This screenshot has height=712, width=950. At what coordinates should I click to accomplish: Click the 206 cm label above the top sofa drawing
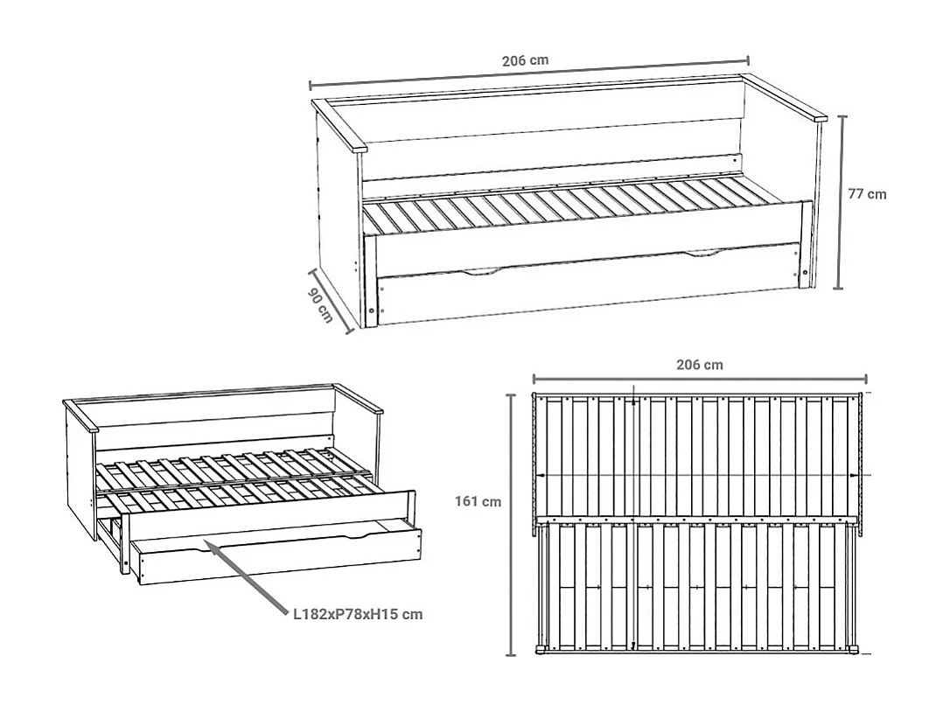coord(525,60)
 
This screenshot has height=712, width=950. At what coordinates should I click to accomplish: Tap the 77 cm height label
coord(867,194)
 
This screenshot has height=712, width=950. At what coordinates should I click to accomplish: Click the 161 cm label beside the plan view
coord(478,501)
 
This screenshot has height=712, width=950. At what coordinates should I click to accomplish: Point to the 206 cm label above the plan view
coord(699,365)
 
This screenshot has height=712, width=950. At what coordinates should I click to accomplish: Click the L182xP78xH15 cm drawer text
coord(358,614)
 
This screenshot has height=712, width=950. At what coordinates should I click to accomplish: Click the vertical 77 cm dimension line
coord(839,202)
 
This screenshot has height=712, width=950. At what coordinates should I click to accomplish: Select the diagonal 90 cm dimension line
coord(330,301)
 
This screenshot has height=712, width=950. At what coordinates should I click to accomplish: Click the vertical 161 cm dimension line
coord(511,525)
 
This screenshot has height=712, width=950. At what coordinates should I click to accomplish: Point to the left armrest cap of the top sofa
coord(339,125)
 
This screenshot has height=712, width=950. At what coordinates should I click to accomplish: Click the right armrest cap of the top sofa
coord(785,98)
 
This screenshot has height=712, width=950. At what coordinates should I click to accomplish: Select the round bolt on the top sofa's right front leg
coord(805,272)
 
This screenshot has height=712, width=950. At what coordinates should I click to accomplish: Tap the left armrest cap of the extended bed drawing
coord(80,415)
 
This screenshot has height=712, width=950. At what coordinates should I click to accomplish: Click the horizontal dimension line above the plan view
coord(700,380)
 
